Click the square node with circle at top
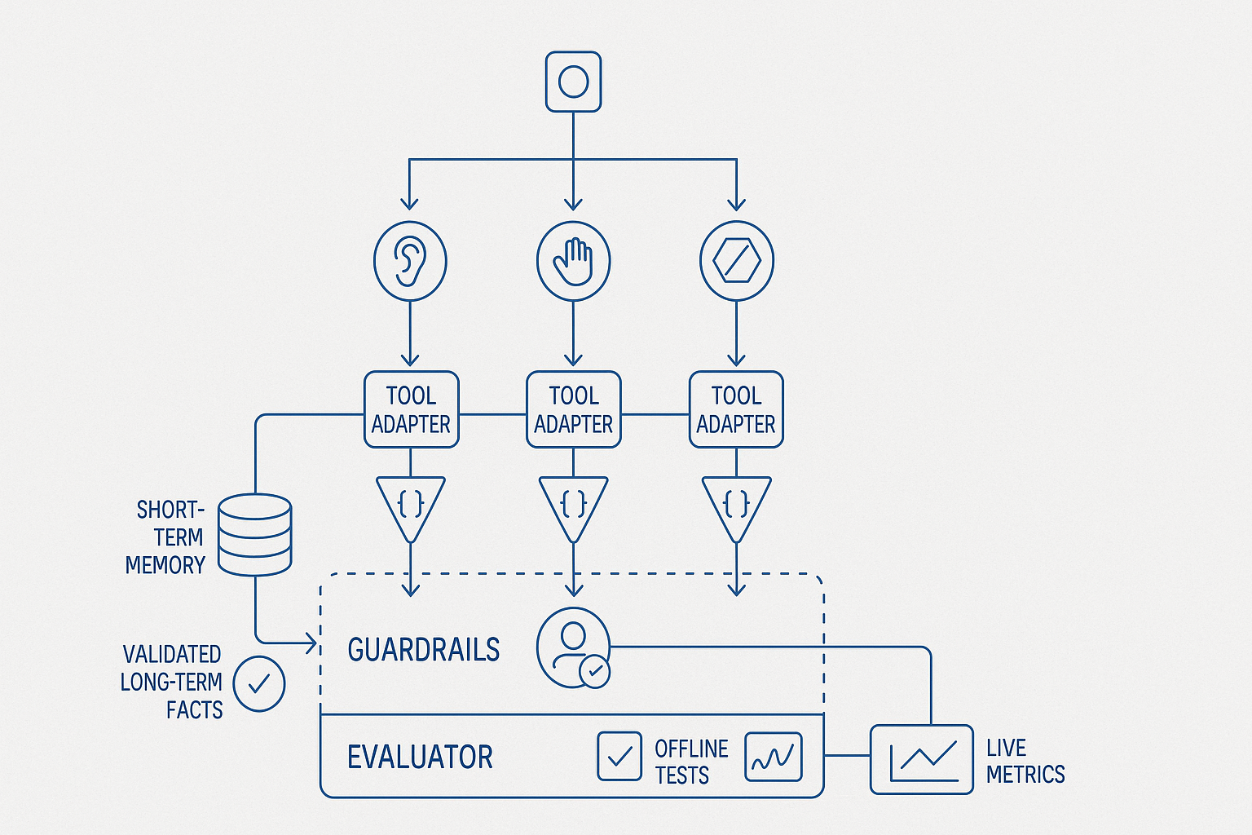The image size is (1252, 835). (573, 82)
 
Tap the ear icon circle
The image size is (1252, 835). (410, 261)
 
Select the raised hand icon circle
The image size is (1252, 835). (573, 261)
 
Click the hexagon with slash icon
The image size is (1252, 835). (736, 261)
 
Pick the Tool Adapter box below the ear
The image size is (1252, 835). (411, 409)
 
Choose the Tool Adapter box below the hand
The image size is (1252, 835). (573, 409)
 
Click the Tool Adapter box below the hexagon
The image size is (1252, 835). (736, 409)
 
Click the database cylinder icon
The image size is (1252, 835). (255, 535)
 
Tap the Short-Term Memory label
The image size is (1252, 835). (166, 537)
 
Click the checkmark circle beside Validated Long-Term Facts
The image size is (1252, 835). (259, 683)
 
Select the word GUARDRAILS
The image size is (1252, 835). (423, 650)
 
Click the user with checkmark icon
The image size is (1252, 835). (574, 647)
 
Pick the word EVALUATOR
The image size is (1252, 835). (420, 758)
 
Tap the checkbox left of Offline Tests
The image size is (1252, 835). (619, 756)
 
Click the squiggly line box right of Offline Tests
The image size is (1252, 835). (773, 756)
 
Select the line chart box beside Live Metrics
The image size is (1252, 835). (921, 759)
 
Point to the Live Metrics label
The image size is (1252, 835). (1025, 761)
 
